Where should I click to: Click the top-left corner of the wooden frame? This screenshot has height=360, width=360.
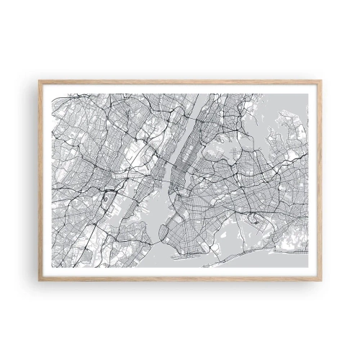point(40,81)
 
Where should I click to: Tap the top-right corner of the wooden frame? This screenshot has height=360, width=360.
point(321,81)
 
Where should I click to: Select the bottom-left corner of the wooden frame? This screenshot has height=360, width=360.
point(40,279)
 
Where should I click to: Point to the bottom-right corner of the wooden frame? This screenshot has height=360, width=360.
point(321,279)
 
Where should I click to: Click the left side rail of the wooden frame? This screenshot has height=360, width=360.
point(41,180)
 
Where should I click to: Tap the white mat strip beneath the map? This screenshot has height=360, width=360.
point(180,271)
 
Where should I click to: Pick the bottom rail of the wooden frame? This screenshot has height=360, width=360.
point(180,278)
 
